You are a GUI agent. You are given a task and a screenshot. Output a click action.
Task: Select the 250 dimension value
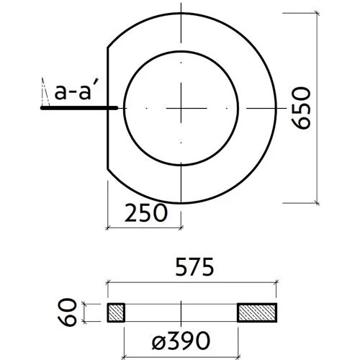tap(146, 212)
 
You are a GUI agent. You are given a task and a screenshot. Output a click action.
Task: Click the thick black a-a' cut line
tap(79, 108)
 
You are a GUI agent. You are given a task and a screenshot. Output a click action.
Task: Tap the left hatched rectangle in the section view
tap(116, 312)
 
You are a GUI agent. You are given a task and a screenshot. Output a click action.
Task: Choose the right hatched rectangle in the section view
tap(258, 312)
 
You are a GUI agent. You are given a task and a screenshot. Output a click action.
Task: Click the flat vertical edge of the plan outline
tap(107, 108)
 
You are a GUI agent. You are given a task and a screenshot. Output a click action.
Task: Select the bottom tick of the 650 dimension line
tap(318, 203)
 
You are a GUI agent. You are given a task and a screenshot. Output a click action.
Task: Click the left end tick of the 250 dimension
tap(107, 228)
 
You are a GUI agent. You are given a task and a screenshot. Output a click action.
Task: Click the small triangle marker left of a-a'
tap(42, 92)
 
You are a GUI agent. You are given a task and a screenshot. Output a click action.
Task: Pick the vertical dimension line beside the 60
tap(85, 312)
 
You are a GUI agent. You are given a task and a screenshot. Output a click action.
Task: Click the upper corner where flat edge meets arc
tap(107, 47)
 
